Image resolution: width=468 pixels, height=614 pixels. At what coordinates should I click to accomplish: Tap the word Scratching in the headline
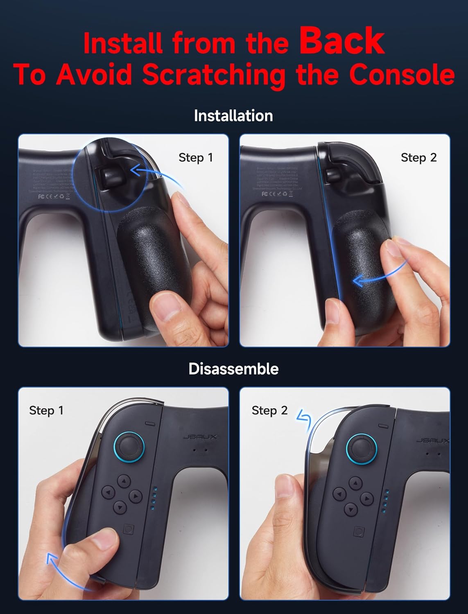coord(214,74)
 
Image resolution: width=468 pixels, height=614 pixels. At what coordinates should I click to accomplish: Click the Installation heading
coord(233,116)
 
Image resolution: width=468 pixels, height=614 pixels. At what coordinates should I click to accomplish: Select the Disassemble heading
coord(233,369)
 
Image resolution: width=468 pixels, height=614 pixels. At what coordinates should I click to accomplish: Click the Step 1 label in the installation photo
coord(196,158)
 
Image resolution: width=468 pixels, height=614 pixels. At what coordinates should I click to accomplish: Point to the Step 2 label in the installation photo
coord(418,158)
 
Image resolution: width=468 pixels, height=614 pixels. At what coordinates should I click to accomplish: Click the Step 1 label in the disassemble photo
coord(46,411)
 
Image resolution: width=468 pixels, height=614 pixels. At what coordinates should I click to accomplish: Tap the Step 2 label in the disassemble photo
coord(269,411)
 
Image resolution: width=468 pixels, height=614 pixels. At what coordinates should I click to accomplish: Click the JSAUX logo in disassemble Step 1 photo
coord(200,437)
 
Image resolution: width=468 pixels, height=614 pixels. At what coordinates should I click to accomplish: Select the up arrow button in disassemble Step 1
coord(124,481)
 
